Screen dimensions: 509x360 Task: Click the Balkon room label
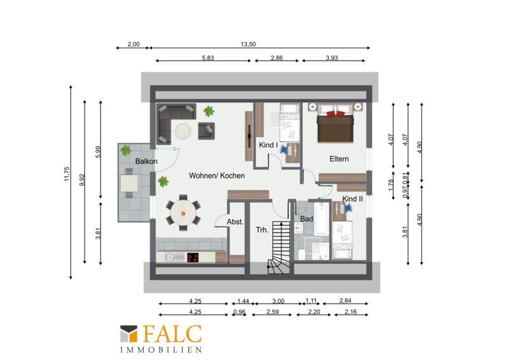(146, 161)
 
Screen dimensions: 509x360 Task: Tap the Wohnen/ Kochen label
(216, 176)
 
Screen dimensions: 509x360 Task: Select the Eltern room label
(339, 159)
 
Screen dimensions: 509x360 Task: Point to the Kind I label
(268, 145)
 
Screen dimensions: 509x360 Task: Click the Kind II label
(352, 198)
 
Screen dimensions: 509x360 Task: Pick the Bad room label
(307, 219)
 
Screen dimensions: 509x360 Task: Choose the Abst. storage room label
(235, 222)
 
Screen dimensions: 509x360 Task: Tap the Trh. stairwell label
(262, 230)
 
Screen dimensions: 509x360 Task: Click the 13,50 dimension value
(248, 44)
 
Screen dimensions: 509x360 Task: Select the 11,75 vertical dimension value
(67, 174)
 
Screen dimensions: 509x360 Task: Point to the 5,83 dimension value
(208, 58)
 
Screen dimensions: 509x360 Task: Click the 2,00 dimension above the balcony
(134, 44)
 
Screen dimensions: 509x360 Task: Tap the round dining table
(183, 213)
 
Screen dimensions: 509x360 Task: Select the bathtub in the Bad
(322, 218)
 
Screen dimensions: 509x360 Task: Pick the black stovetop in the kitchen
(193, 258)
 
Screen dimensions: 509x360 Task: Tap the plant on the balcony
(125, 150)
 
